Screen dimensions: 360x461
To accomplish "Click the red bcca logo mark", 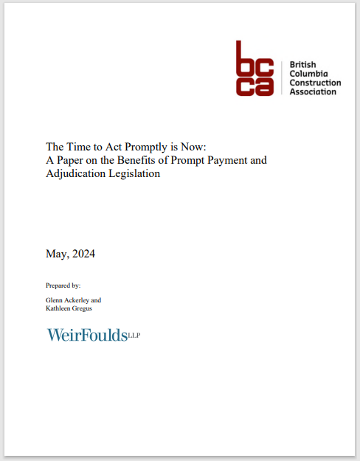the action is pyautogui.click(x=255, y=68).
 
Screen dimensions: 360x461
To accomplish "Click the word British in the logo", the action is pyautogui.click(x=304, y=64).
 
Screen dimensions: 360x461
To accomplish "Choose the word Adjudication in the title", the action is pyautogui.click(x=77, y=175).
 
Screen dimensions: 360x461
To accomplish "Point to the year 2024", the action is pyautogui.click(x=84, y=254).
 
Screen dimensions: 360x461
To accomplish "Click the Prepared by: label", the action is pyautogui.click(x=63, y=284).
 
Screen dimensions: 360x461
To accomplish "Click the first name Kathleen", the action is pyautogui.click(x=58, y=308).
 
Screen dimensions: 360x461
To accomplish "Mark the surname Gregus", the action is pyautogui.click(x=83, y=308).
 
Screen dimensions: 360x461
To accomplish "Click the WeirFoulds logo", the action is pyautogui.click(x=86, y=336).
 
